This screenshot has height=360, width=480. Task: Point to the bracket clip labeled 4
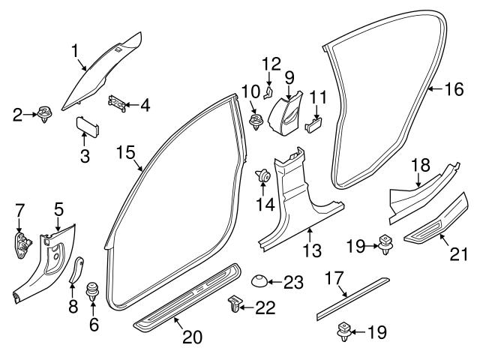coord(118,102)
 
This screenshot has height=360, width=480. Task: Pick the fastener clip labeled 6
coord(94,290)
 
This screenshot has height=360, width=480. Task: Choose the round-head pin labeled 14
coord(264,177)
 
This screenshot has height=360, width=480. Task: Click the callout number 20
coord(193,337)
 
